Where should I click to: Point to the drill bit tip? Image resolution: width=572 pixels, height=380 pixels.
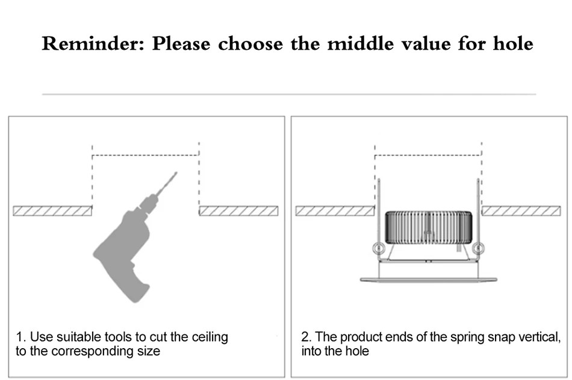pyautogui.click(x=176, y=173)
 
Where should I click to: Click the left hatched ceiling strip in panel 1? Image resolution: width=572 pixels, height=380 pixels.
pyautogui.click(x=53, y=211)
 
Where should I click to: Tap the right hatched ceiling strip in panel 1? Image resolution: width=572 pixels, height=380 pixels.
pyautogui.click(x=238, y=211)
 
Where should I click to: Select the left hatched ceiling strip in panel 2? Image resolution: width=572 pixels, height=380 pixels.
pyautogui.click(x=335, y=211)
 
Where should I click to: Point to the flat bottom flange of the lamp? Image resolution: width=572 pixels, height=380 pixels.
pyautogui.click(x=428, y=280)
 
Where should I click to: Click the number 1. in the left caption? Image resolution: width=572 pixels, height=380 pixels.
pyautogui.click(x=21, y=337)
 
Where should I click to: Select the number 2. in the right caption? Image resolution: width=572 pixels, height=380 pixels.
pyautogui.click(x=306, y=337)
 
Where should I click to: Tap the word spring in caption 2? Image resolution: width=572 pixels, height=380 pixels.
pyautogui.click(x=467, y=337)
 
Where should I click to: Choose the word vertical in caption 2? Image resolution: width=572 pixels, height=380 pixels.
pyautogui.click(x=539, y=337)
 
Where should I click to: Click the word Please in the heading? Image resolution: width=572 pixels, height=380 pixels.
pyautogui.click(x=181, y=44)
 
